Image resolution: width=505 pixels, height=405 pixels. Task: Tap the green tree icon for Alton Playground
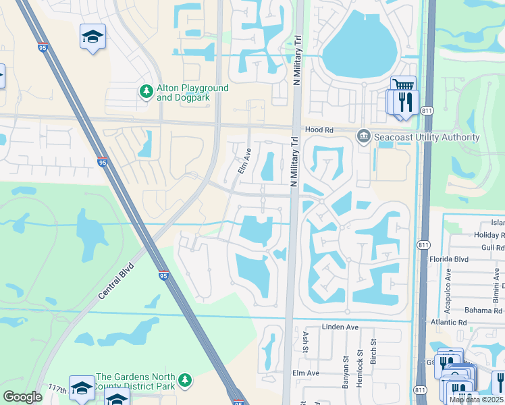tap(145, 91)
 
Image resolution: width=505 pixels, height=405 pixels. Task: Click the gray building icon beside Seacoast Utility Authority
tap(364, 138)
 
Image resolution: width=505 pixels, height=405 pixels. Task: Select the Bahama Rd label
tap(485, 310)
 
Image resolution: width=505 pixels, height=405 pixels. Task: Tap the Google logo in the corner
tap(22, 397)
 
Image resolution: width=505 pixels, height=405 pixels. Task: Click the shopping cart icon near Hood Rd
tap(403, 85)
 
